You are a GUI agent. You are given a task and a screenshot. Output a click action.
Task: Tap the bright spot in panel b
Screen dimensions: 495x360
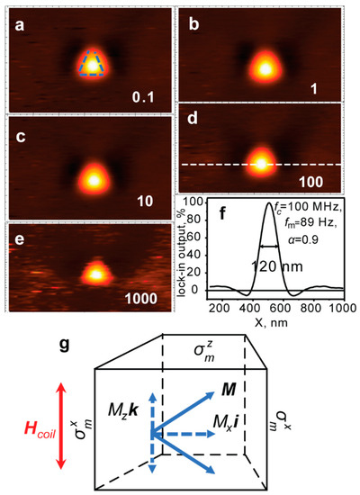point(264,67)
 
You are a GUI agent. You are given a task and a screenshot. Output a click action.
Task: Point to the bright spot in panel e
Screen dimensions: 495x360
point(94,270)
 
